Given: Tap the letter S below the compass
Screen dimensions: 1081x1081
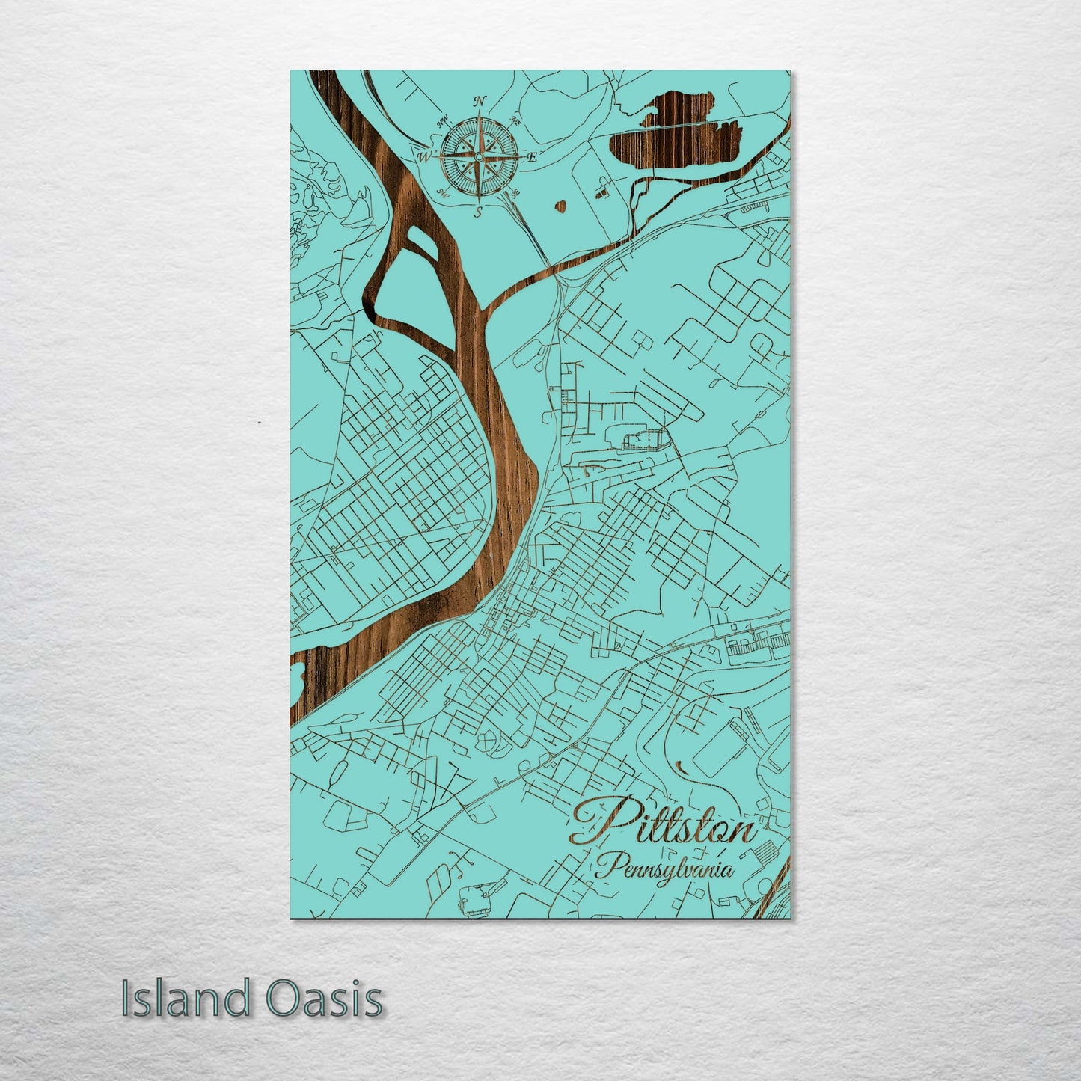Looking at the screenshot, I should click(477, 212).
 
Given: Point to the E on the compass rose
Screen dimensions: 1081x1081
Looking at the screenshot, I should click(533, 157).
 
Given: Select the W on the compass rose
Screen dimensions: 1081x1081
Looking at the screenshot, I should click(423, 157).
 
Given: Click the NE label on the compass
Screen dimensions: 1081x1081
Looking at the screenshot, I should click(515, 120).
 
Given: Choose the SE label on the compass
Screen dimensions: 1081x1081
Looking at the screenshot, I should click(514, 194).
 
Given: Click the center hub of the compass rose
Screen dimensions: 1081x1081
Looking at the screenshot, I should click(478, 156).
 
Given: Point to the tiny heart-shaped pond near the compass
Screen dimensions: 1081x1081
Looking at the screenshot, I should click(560, 206).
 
